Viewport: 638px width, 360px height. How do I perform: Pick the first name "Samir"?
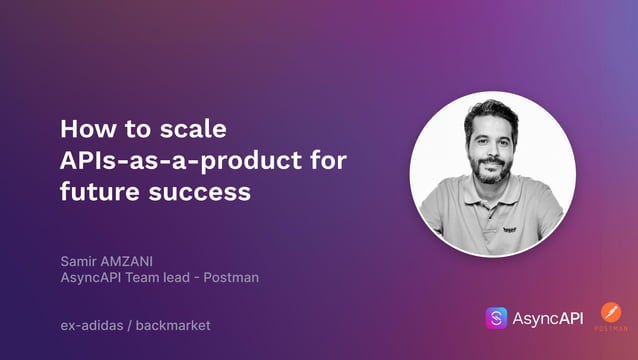coord(81,261)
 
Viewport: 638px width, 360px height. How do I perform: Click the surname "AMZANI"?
coord(135,261)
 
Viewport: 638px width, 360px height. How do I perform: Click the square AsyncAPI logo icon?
coord(497,318)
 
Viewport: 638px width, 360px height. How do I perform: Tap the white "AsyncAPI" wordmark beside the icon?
coord(549,318)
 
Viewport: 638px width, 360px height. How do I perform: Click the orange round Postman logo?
coord(611,312)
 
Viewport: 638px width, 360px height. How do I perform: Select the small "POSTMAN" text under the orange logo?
coord(611,329)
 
